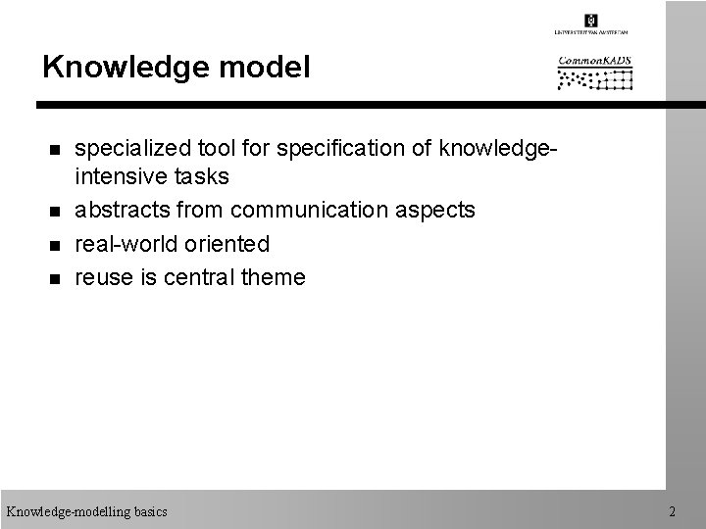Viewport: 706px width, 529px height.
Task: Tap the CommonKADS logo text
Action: pyautogui.click(x=594, y=60)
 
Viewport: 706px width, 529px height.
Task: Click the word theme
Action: pyautogui.click(x=273, y=277)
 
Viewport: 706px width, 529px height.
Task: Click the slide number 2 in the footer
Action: pyautogui.click(x=672, y=511)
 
